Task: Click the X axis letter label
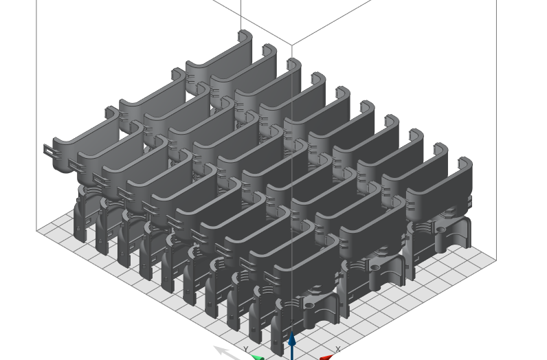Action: pyautogui.click(x=337, y=350)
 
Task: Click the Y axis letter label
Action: pyautogui.click(x=246, y=350)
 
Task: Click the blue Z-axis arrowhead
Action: pyautogui.click(x=292, y=339)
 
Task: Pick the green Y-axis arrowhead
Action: pyautogui.click(x=258, y=357)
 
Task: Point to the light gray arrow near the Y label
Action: pyautogui.click(x=224, y=352)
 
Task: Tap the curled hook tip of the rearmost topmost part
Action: pyautogui.click(x=245, y=34)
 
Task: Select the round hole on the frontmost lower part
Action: pyautogui.click(x=309, y=304)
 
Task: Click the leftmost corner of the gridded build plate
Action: pyautogui.click(x=37, y=231)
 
